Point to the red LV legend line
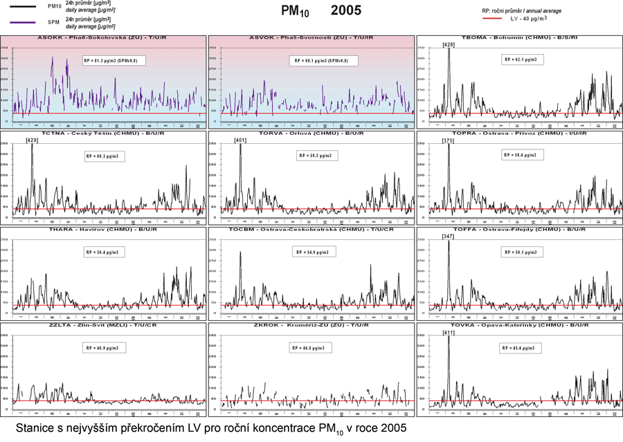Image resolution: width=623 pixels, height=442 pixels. point(490,19)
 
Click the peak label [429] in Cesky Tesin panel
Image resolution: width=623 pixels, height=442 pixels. point(32,140)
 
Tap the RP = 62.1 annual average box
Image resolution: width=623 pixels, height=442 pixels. point(522,59)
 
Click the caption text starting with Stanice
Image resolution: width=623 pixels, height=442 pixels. point(207,428)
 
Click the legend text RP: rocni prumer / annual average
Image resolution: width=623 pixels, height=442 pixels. point(521,11)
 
